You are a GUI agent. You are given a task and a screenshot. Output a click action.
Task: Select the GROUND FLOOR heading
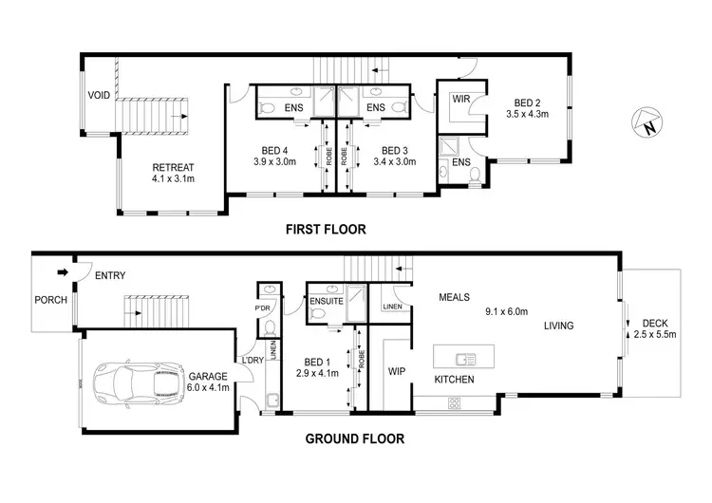(x=354, y=438)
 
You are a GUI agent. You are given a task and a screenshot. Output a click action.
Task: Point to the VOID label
(x=99, y=95)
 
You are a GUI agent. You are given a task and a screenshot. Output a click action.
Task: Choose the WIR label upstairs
(x=462, y=98)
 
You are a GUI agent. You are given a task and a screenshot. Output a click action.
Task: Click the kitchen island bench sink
(x=465, y=358)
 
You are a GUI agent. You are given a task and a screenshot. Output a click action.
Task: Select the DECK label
(x=656, y=323)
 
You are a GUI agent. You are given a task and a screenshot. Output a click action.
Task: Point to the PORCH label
(x=50, y=300)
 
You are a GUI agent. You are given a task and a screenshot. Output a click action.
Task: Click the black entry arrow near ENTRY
(x=64, y=272)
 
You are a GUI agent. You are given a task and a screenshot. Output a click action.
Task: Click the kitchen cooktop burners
(x=454, y=401)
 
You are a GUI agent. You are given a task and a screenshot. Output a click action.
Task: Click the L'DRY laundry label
(x=253, y=360)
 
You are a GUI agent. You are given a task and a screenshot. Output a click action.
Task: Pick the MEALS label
(x=455, y=297)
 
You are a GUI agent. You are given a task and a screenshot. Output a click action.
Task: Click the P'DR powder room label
(x=263, y=309)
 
